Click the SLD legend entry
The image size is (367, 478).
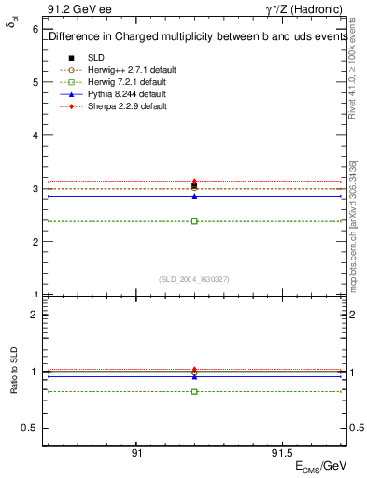[x=97, y=58]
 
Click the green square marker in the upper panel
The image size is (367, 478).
[x=194, y=221]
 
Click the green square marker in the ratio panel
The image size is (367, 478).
[x=194, y=391]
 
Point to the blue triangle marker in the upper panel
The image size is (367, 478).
[x=194, y=196]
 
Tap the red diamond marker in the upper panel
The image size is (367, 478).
[x=194, y=182]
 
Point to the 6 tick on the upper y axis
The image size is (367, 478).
[x=44, y=29]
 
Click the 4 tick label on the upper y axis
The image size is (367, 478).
[x=35, y=135]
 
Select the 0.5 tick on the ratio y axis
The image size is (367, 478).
[x=44, y=428]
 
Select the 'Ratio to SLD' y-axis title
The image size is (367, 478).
[x=16, y=385]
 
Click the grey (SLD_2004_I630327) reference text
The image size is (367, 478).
[x=194, y=278]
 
